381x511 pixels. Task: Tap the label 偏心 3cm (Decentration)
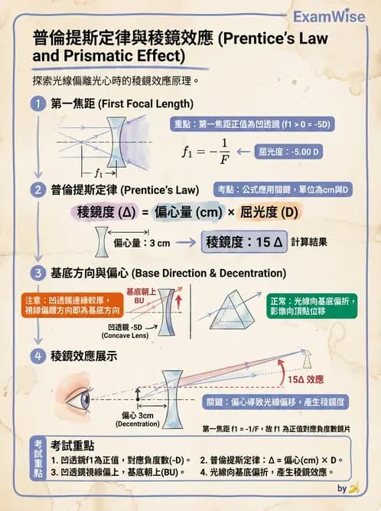click(x=138, y=420)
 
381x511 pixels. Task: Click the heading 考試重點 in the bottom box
click(x=73, y=444)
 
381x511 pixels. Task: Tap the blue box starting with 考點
click(x=287, y=189)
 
